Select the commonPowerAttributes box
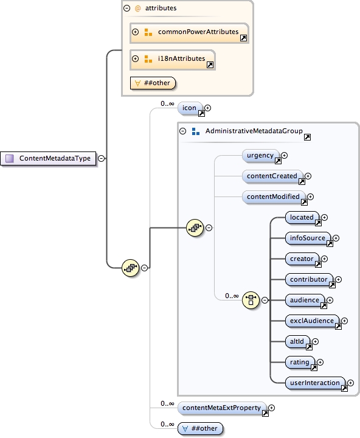pos(189,32)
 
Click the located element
pos(302,217)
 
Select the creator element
pos(302,259)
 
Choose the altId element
pos(298,342)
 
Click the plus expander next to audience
pos(330,300)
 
